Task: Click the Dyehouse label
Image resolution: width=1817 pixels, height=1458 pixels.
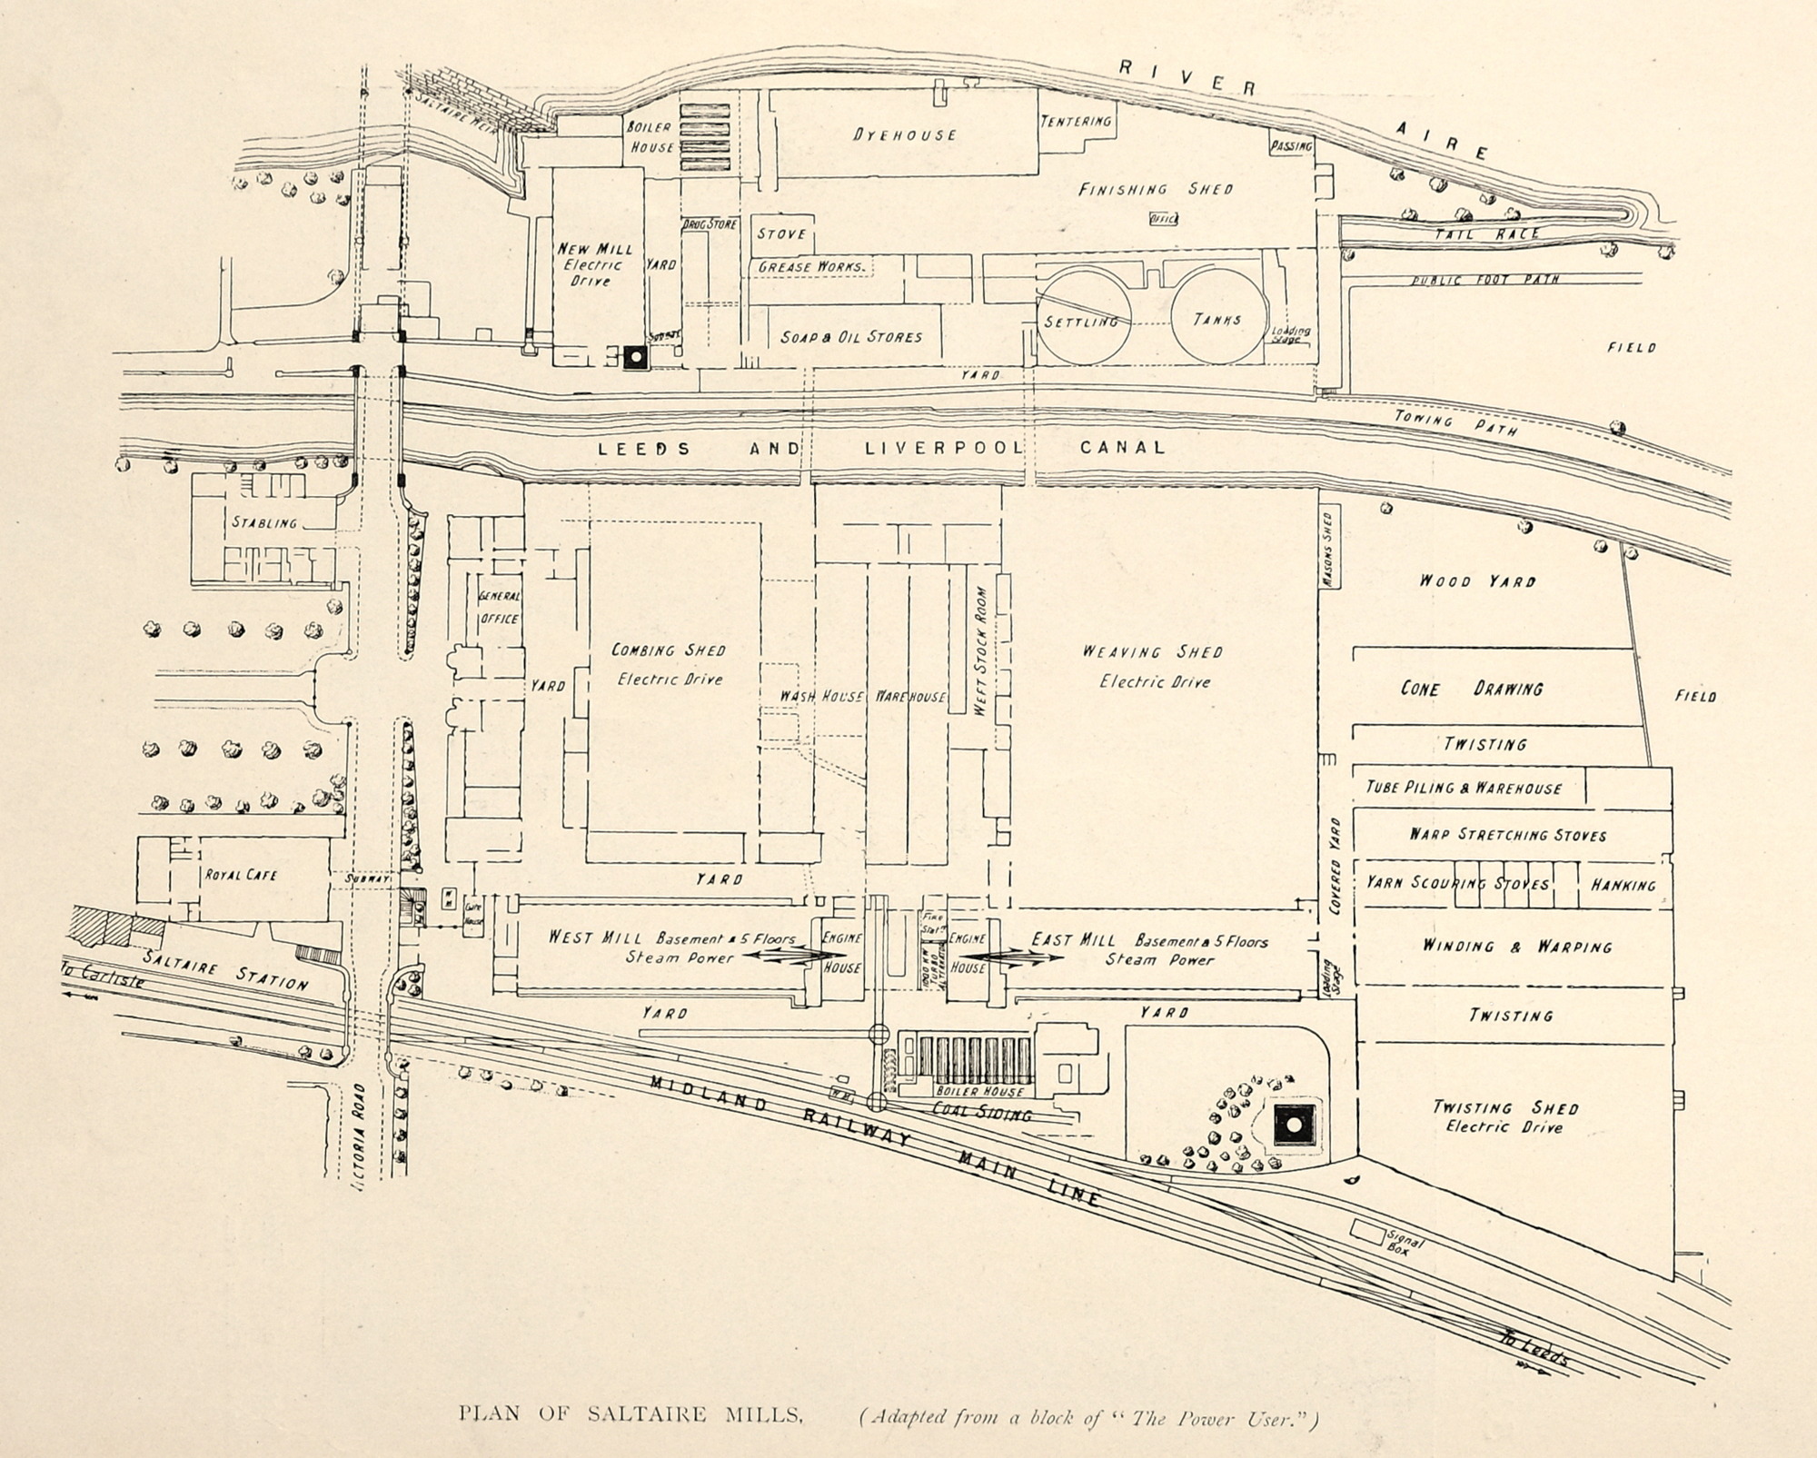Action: click(904, 134)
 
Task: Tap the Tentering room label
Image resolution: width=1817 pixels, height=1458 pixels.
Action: click(1076, 121)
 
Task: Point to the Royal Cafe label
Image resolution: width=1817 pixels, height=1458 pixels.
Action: click(240, 875)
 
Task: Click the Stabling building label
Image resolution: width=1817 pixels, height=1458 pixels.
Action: click(263, 522)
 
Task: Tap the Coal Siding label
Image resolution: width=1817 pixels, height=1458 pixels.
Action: click(982, 1111)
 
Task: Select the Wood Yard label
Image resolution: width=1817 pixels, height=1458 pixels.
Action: click(1477, 580)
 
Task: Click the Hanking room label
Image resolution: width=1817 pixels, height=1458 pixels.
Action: click(1623, 884)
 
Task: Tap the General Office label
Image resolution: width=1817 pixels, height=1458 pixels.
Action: click(499, 608)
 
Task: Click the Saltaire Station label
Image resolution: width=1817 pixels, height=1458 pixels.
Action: click(225, 974)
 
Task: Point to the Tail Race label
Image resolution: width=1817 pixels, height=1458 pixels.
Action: click(1487, 233)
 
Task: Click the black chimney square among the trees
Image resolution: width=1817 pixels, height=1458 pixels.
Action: click(1291, 1127)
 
